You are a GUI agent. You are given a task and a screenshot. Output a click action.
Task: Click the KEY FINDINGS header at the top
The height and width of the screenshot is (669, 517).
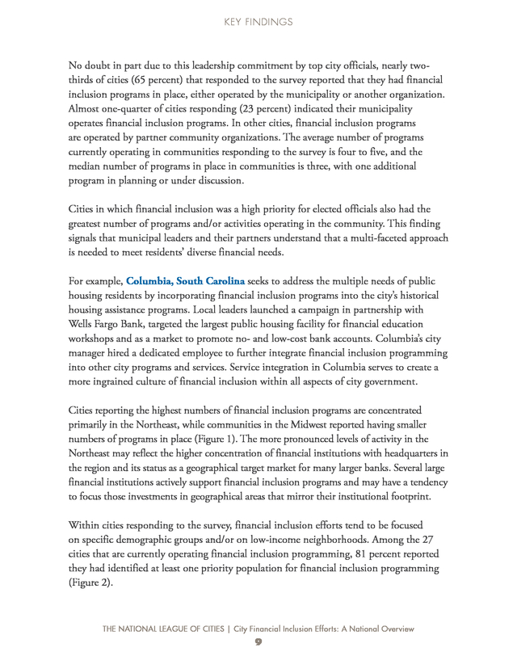coord(258,23)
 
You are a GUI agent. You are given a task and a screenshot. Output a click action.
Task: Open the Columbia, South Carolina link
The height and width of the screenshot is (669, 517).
coord(185,281)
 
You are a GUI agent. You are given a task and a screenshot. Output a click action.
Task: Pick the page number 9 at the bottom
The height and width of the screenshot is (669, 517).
coord(258,642)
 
